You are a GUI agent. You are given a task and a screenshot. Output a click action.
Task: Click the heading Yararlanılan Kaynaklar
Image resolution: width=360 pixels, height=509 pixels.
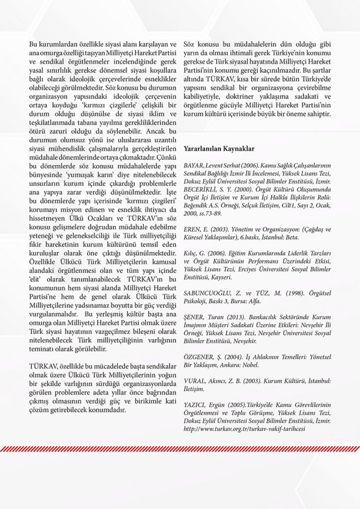click(x=219, y=149)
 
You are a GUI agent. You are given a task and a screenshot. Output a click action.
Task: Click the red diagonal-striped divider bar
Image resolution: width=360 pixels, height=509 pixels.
click(x=180, y=449)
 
